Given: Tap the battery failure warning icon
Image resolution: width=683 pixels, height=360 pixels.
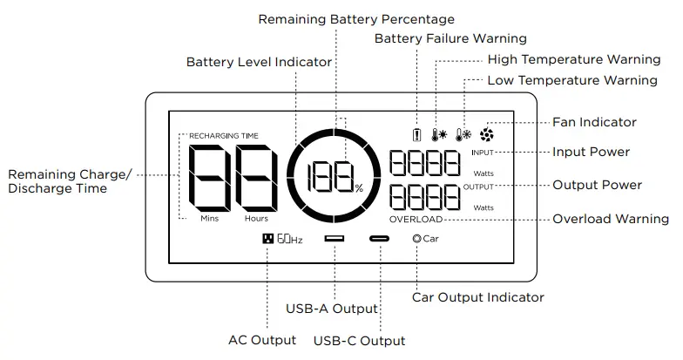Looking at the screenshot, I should tap(417, 135).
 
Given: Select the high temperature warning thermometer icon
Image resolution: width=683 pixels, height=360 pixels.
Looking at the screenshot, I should tap(439, 135).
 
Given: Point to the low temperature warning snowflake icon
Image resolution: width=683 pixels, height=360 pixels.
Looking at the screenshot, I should tap(463, 135).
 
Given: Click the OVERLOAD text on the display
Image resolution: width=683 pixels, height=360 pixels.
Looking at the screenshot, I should tap(416, 220).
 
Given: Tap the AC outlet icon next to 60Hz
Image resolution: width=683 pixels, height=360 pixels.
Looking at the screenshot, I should tap(267, 238).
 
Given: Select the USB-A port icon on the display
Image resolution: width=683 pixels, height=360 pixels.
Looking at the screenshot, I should tap(335, 238).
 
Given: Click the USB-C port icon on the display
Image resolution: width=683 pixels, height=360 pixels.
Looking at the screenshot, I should tap(380, 238).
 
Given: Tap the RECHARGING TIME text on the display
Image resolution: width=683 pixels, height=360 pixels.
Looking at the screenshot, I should tap(224, 136).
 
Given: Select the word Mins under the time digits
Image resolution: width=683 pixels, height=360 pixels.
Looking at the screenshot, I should tap(209, 219).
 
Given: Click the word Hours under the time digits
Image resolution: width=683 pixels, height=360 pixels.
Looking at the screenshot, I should tap(256, 219).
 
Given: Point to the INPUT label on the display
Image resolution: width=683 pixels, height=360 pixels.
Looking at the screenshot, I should tap(483, 153).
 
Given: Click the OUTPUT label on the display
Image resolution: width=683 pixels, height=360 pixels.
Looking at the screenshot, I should tap(478, 187).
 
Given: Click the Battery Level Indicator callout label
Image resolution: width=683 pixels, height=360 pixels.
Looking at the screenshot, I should tap(259, 62).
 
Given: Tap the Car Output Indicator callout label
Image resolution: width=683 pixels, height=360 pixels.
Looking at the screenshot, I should tap(478, 297).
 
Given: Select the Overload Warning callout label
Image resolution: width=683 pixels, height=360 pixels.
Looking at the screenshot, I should tap(611, 219).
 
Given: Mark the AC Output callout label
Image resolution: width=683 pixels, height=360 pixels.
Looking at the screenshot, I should tap(262, 340).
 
